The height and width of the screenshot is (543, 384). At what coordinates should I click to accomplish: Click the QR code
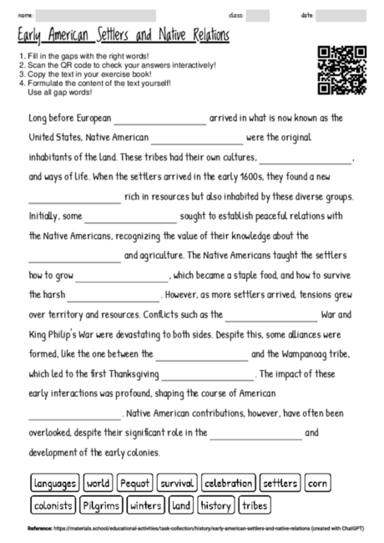coord(342,70)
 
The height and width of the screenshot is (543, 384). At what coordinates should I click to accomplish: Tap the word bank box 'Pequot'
coord(134,484)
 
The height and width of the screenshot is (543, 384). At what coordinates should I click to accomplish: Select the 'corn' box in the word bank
coord(317,484)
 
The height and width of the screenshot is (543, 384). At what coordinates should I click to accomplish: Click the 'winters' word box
coord(146,505)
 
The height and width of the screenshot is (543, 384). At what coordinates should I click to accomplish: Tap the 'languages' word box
coord(55,484)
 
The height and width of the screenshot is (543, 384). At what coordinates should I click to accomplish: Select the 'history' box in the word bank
coord(215,505)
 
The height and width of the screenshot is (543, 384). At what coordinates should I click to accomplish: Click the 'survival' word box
coord(177,484)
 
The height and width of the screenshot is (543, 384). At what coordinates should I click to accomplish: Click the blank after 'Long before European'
coord(159,119)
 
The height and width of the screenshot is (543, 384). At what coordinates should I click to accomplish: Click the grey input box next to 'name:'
coord(96,15)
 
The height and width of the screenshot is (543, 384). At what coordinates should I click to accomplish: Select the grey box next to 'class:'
coord(257,15)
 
